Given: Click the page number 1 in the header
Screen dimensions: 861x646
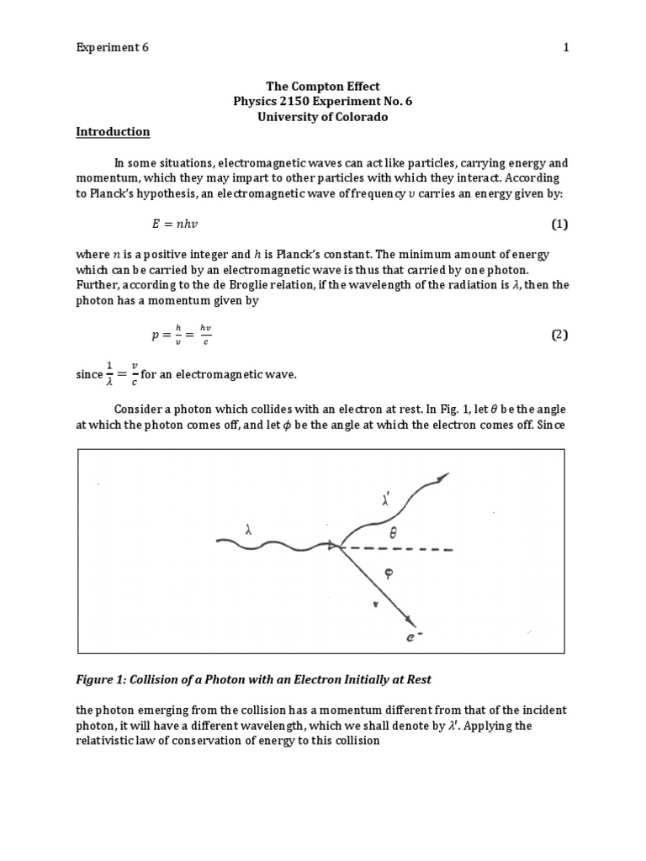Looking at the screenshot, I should click(x=566, y=48).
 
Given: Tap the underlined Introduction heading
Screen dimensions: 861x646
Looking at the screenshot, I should click(x=113, y=132).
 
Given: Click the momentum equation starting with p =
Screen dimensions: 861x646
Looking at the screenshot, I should click(x=182, y=335).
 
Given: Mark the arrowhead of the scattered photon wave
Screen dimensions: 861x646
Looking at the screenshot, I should click(x=442, y=478).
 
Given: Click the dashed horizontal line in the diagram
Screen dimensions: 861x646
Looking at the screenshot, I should click(x=404, y=550).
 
